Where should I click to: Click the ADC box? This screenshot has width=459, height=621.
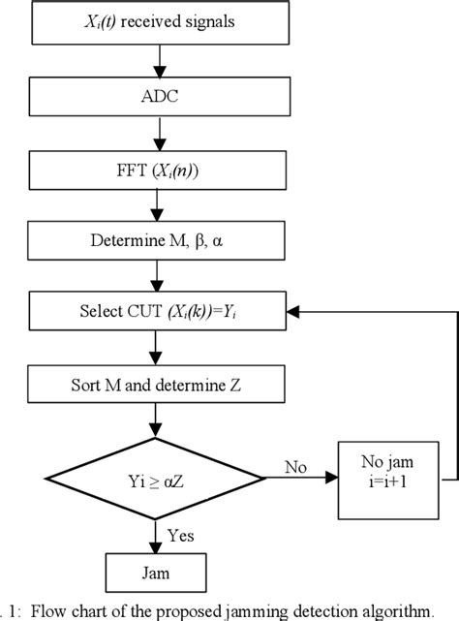[x=160, y=96]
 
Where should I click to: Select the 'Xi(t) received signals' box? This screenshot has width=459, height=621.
[x=161, y=22]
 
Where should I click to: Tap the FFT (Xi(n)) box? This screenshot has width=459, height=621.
[x=158, y=171]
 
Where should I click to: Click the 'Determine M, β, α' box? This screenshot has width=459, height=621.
[x=156, y=240]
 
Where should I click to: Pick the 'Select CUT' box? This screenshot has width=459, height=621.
[x=158, y=311]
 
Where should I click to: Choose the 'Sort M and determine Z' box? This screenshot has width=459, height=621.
[x=156, y=385]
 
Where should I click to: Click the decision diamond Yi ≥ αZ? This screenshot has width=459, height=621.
[x=155, y=479]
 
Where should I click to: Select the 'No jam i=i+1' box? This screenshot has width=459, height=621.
[x=388, y=480]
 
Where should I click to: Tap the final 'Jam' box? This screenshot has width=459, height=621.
[x=156, y=573]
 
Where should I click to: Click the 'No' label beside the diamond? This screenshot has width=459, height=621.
[x=295, y=467]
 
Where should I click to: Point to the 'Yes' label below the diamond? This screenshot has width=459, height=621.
[x=180, y=536]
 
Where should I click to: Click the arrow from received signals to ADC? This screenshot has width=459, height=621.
[x=160, y=61]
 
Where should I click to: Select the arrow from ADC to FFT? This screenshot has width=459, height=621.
[x=160, y=134]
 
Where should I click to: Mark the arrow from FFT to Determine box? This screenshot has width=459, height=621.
[x=157, y=205]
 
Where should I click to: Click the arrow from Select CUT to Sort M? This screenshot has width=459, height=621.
[x=156, y=348]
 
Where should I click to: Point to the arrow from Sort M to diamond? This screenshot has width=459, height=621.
[x=155, y=420]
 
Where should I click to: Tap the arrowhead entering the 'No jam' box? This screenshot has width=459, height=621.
[x=332, y=478]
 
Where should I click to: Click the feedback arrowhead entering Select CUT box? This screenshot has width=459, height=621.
[x=292, y=312]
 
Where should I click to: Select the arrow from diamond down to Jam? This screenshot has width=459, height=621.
[x=155, y=537]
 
